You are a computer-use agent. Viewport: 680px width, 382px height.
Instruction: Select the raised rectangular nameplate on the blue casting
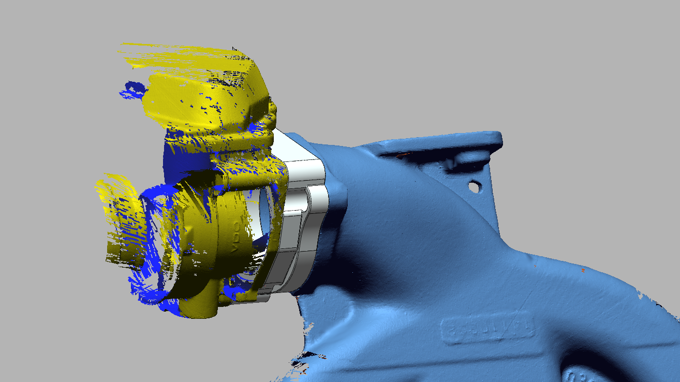pyautogui.click(x=486, y=330)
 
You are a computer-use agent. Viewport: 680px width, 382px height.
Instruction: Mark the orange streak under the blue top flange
pyautogui.click(x=401, y=154)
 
